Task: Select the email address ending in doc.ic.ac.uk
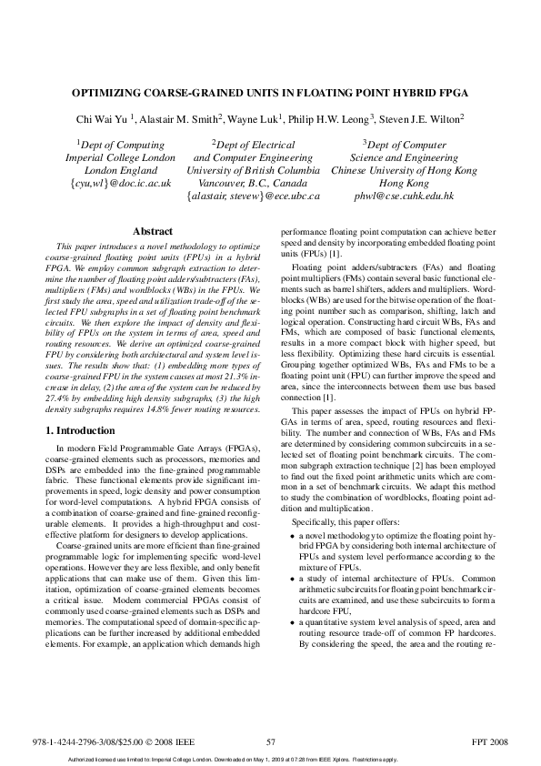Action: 120,183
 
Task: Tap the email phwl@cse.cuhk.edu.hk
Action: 404,196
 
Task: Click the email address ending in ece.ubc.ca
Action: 253,196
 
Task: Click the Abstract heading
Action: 153,232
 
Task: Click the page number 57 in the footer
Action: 270,741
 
